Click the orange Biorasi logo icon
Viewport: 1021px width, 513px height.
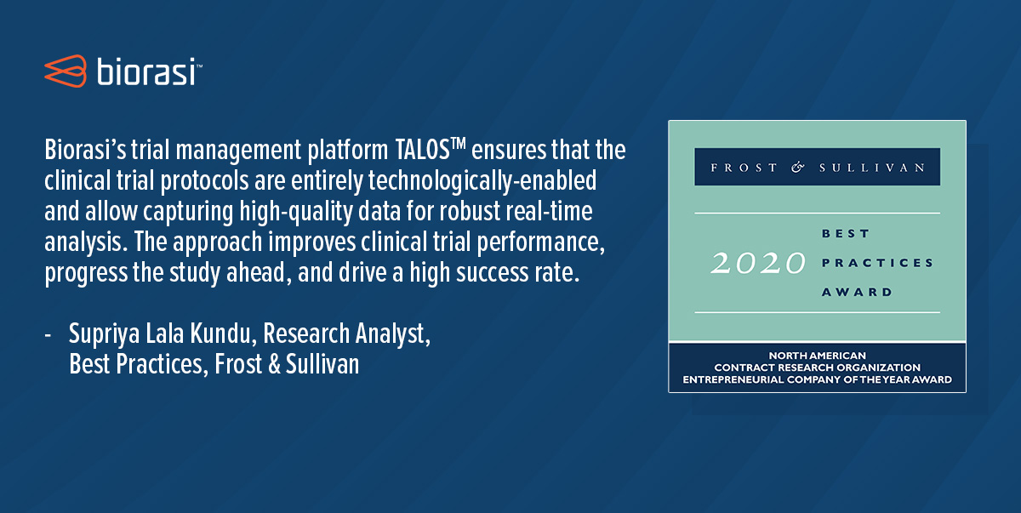pos(66,71)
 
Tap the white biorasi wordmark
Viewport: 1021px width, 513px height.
pos(146,71)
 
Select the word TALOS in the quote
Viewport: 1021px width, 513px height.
pos(423,150)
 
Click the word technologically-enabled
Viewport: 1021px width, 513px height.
pos(482,181)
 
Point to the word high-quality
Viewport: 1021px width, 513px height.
pos(295,212)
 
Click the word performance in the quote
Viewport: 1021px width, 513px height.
pos(540,242)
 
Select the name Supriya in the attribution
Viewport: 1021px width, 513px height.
pos(104,335)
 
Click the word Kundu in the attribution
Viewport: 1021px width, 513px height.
pos(220,333)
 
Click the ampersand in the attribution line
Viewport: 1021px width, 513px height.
pos(274,364)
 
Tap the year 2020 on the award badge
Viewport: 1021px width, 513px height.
pos(758,264)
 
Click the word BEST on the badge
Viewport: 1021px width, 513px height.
pos(846,234)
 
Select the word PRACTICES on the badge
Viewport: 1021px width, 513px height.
pos(877,263)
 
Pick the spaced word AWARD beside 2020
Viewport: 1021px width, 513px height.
pos(857,292)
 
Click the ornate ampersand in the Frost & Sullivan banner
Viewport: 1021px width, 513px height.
pos(798,168)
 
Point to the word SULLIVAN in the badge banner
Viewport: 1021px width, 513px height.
pos(872,168)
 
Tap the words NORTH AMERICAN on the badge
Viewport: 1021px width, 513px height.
pos(818,356)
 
